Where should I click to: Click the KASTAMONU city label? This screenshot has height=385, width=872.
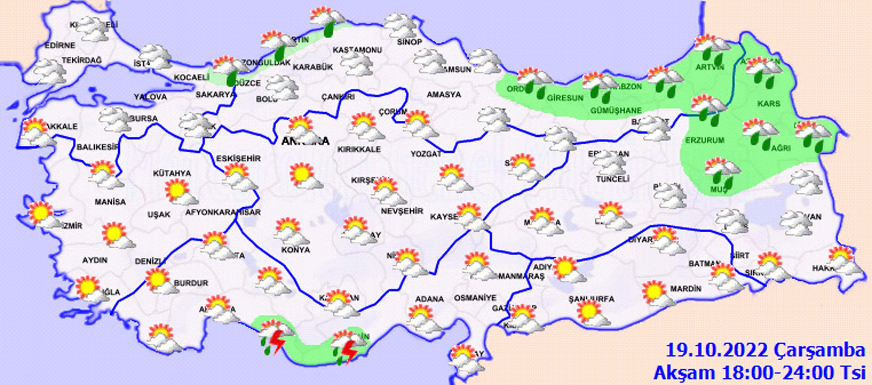click(x=357, y=50)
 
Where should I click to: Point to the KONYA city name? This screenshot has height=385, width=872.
click(x=296, y=250)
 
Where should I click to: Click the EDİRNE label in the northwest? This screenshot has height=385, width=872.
click(x=60, y=45)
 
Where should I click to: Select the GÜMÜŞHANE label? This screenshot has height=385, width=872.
click(x=616, y=111)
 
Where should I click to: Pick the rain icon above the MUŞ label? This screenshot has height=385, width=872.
click(x=722, y=173)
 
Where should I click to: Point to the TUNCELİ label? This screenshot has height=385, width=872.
click(x=612, y=179)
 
